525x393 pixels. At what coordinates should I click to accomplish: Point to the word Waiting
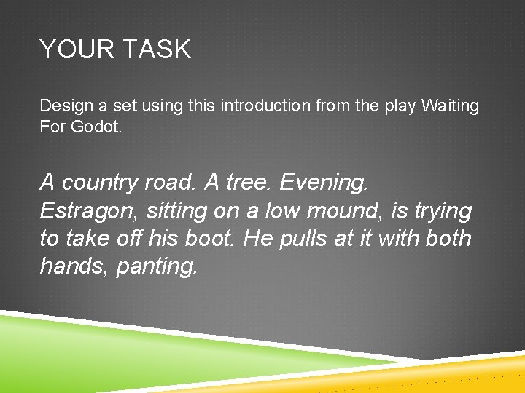tap(451, 106)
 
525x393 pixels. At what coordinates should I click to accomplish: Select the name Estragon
tap(89, 211)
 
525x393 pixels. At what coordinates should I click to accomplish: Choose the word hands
tap(71, 266)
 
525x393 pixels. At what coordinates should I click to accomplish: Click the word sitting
tap(176, 211)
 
